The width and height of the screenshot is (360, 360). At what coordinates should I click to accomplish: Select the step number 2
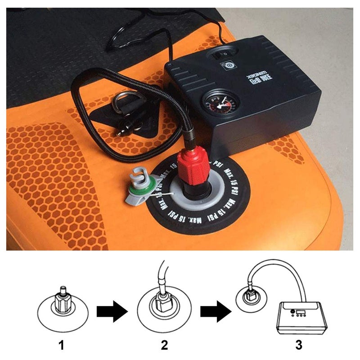[164, 346]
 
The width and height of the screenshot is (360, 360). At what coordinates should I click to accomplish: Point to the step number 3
[299, 346]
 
